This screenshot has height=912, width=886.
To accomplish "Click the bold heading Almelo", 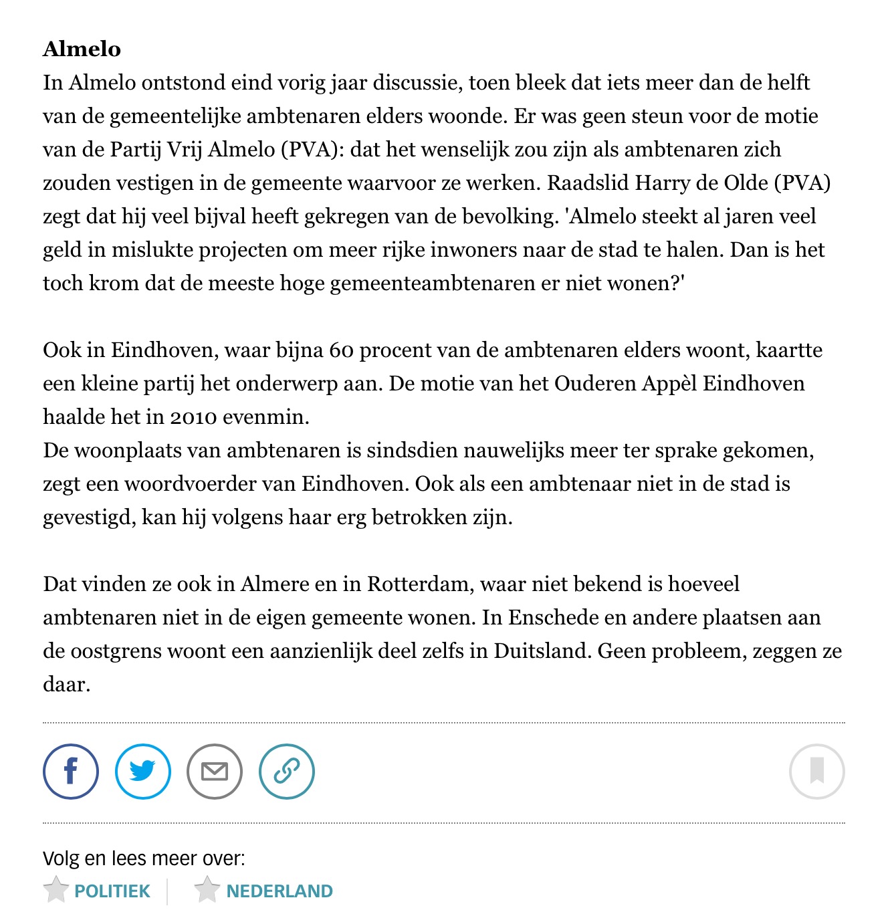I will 82,49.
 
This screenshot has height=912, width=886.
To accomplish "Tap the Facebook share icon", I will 71,771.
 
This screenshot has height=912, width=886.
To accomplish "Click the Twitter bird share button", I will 143,771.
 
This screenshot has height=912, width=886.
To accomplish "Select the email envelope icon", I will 215,771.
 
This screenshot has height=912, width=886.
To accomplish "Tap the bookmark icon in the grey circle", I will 816,771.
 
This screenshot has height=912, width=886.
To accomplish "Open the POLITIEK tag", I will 112,891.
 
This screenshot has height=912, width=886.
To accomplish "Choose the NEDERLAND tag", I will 280,891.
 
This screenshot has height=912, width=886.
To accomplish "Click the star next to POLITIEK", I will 56,890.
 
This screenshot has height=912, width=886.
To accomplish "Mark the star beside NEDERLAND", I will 207,890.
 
